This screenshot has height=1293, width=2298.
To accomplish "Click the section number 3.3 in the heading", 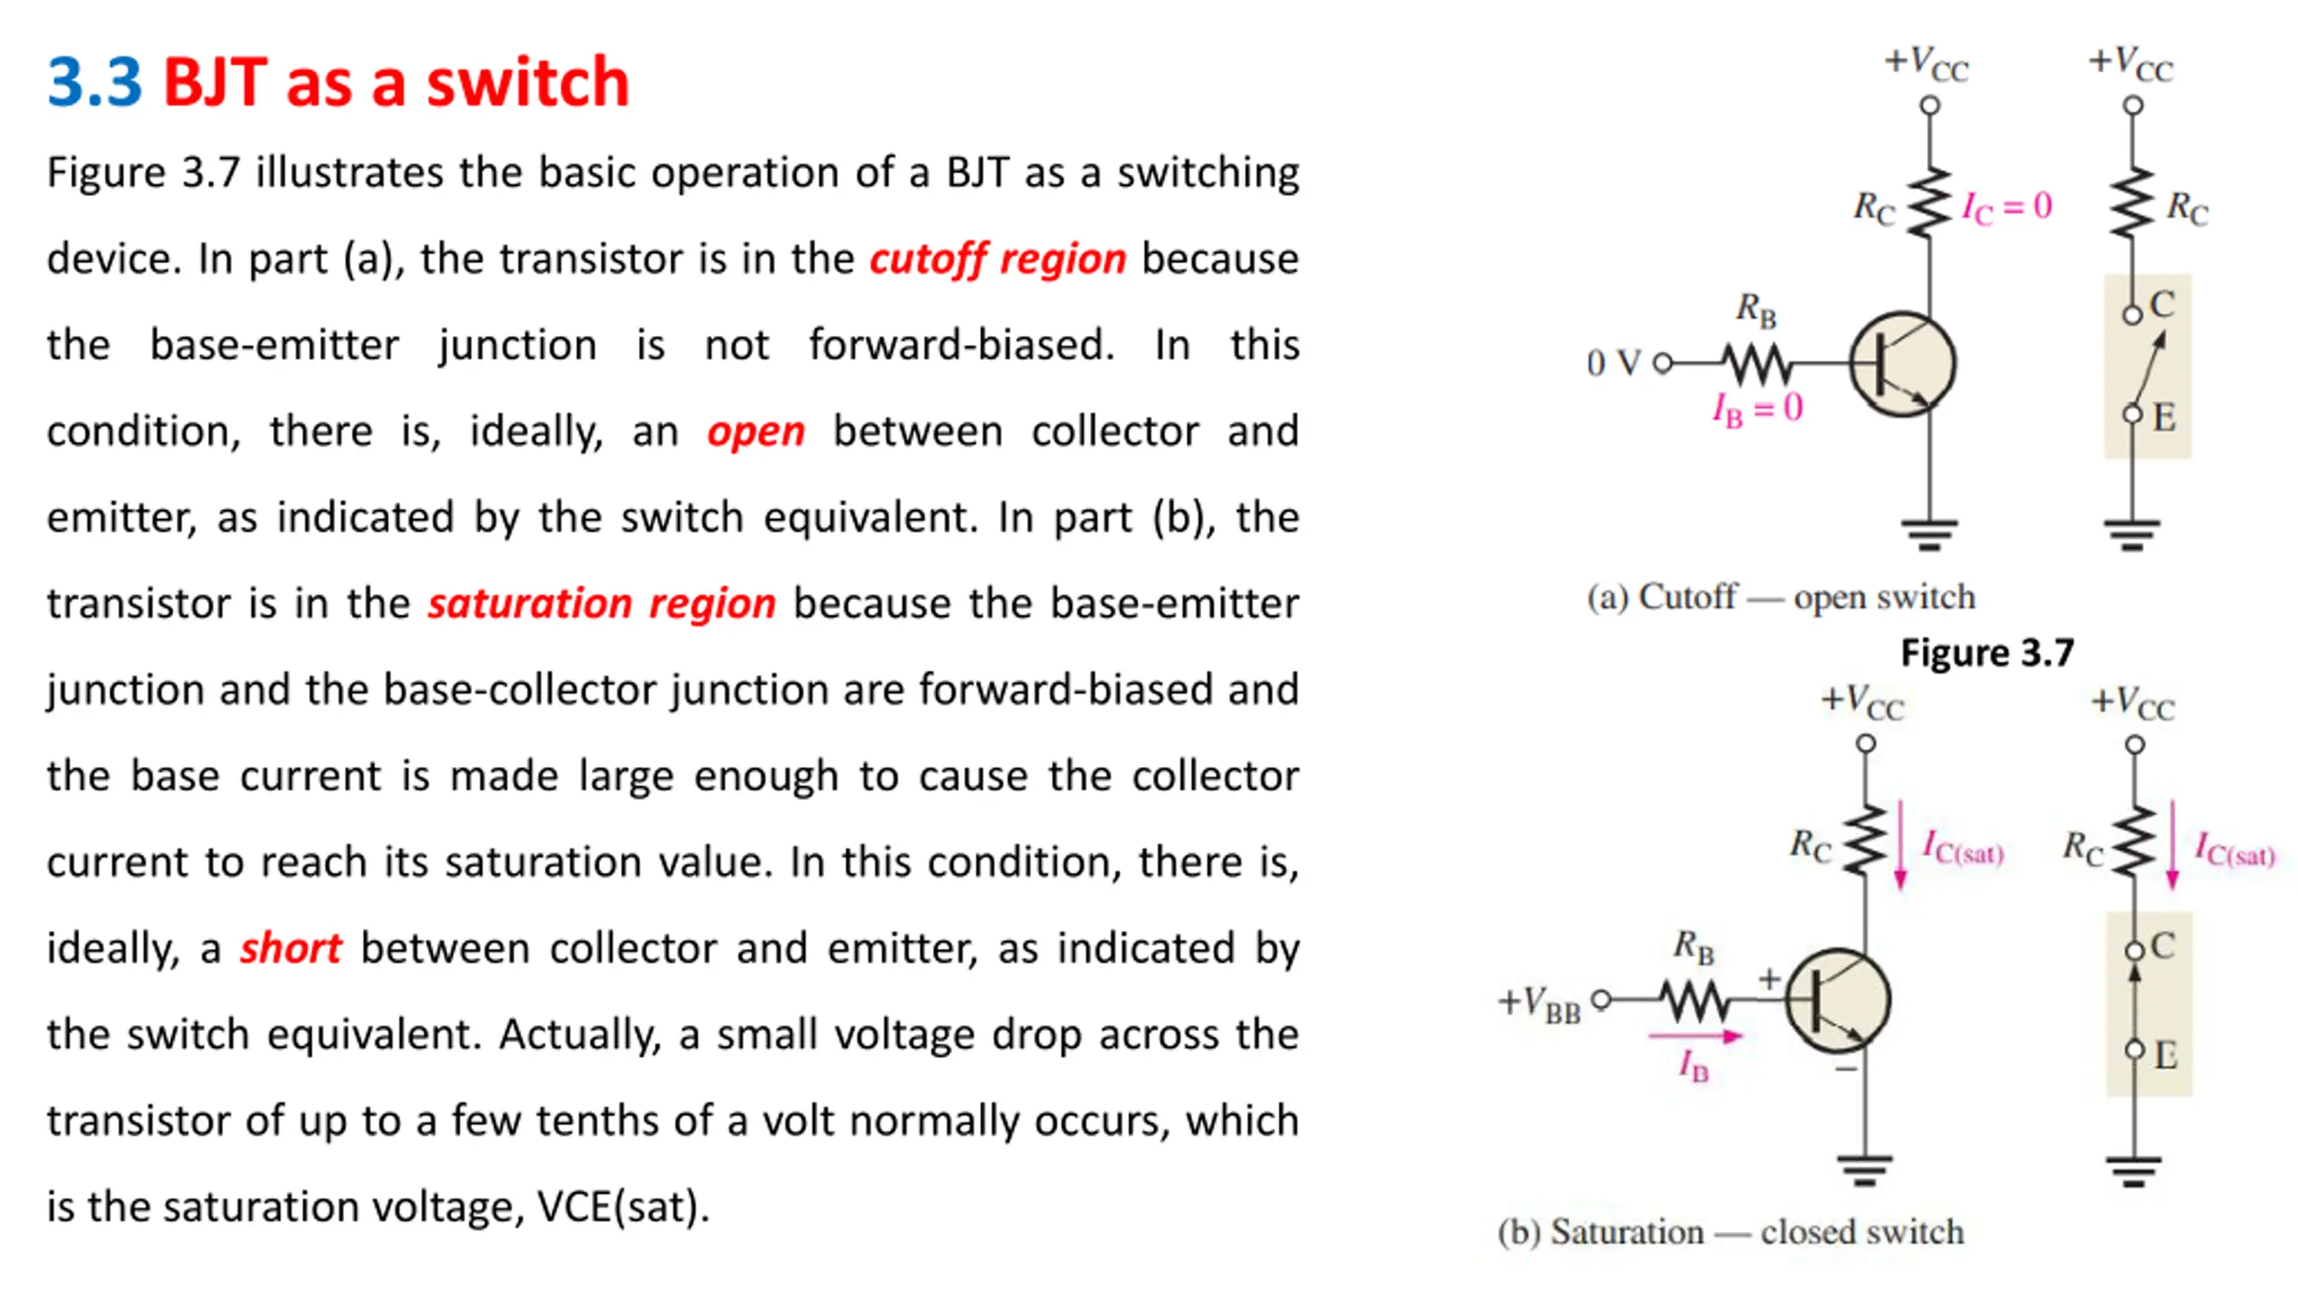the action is [94, 83].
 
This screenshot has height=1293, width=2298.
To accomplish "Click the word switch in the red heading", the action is [528, 83].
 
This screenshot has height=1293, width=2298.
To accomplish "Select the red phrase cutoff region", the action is [997, 259].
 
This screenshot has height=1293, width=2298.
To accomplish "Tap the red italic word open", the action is [755, 432].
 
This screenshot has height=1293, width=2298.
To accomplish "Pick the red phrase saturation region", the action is [601, 603].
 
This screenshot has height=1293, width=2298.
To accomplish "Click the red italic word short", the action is [290, 948].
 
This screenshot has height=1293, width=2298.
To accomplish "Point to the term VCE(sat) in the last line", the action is [619, 1207].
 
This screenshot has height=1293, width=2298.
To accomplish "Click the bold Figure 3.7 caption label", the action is [1987, 653].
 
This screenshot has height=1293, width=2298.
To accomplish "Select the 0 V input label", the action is [1612, 364].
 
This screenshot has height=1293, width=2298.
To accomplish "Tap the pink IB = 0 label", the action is [1757, 409].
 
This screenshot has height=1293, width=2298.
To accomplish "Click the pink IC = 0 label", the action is [2006, 207].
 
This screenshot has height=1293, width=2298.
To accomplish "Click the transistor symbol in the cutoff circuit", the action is [1902, 364].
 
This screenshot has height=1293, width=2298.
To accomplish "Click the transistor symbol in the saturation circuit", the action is [1838, 1000].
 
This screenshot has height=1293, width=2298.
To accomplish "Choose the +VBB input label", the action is [1539, 1002].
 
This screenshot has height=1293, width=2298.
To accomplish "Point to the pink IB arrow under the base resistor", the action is [1695, 1037].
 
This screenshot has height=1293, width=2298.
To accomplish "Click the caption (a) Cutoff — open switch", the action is [1781, 597].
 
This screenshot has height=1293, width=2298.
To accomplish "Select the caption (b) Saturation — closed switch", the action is [1730, 1232].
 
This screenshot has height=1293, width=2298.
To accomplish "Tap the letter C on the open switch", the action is [2162, 305].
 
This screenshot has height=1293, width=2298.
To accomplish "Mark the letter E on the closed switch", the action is [2165, 1054].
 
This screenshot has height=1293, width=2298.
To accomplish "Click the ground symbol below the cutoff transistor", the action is [1929, 533].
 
